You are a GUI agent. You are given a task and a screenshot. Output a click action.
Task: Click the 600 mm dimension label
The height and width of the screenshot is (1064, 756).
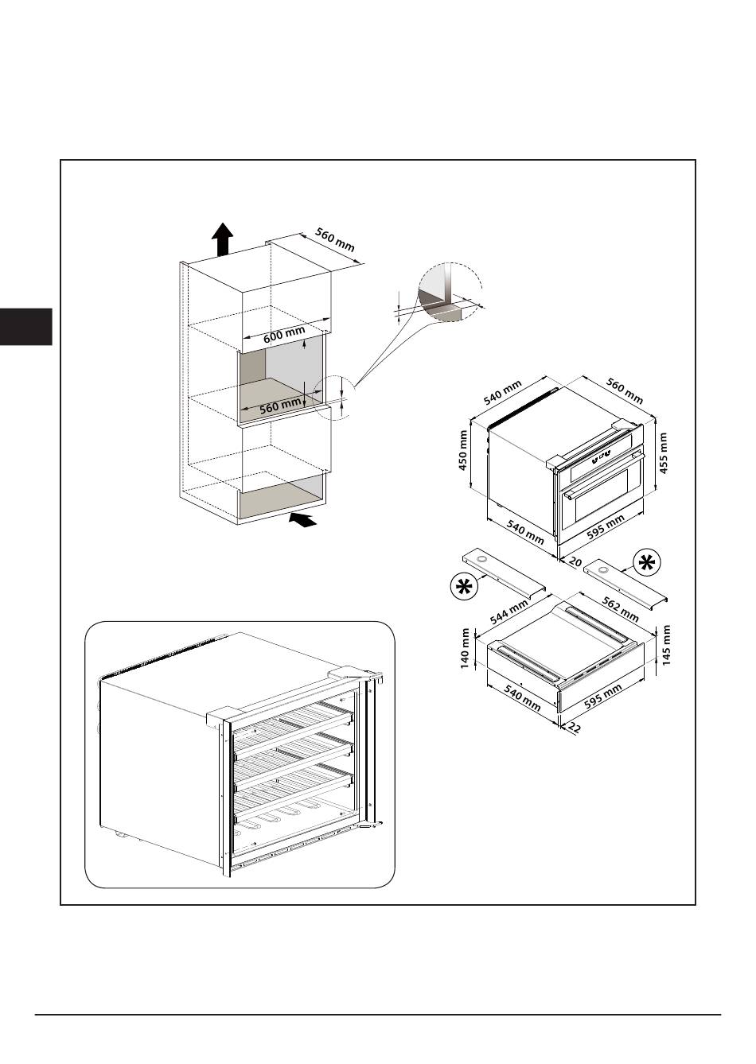click(284, 335)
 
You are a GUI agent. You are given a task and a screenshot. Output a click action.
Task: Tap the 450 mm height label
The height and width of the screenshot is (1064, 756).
click(463, 450)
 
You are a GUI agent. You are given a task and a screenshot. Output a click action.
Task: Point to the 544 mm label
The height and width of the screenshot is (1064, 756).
click(509, 612)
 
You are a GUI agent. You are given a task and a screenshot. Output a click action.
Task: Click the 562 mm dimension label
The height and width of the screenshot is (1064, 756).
click(620, 609)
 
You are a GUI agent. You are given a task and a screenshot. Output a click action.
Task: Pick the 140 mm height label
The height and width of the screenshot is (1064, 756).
click(465, 648)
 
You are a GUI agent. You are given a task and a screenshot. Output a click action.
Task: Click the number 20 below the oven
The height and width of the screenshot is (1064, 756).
click(575, 562)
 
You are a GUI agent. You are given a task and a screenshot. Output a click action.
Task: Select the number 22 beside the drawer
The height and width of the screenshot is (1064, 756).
click(574, 728)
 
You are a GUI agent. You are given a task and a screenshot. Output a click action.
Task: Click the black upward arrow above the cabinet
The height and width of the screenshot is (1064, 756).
click(222, 239)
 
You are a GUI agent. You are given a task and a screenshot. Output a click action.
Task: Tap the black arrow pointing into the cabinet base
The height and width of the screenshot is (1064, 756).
click(302, 519)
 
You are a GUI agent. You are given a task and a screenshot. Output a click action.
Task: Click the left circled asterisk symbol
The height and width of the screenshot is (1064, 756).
click(462, 588)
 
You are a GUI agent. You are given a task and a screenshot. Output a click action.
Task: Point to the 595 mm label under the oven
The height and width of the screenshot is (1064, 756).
click(606, 528)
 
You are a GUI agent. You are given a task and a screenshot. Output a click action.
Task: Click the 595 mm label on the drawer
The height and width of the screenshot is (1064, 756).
click(603, 697)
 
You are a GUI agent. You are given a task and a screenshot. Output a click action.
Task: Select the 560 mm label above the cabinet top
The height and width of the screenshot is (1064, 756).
click(335, 240)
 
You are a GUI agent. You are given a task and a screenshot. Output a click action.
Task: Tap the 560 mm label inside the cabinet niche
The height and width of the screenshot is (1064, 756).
click(280, 406)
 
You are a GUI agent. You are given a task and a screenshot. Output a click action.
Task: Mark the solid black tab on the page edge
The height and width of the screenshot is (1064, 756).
click(26, 326)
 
